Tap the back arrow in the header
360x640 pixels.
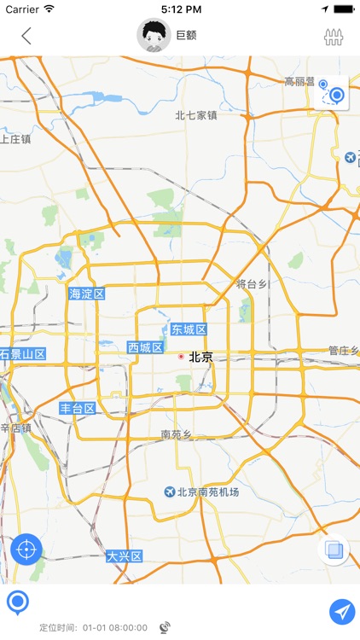(26, 36)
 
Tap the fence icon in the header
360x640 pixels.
(334, 37)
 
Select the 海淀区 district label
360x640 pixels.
(86, 294)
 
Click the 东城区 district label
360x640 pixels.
(188, 329)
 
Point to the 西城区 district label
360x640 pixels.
(145, 347)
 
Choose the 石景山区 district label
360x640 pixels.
(22, 353)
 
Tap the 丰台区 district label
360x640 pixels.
(77, 409)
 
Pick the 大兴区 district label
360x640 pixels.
(124, 556)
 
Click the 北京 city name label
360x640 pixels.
(201, 357)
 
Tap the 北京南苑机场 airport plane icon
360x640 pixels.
(170, 492)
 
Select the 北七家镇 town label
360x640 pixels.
(196, 115)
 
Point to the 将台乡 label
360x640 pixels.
(253, 283)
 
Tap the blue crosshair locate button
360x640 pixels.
(26, 549)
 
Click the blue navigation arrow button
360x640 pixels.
(342, 611)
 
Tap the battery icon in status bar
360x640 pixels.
(343, 9)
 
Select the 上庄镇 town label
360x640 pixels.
(15, 138)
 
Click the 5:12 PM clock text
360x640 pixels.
(180, 9)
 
